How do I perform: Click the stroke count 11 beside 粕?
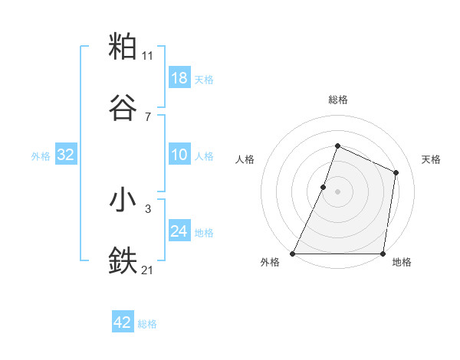click(x=148, y=55)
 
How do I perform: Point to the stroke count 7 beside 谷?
click(x=148, y=116)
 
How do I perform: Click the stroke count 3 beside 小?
click(x=148, y=208)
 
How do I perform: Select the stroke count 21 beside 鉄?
click(x=148, y=270)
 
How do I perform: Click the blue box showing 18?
click(x=179, y=78)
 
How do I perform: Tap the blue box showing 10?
click(x=179, y=155)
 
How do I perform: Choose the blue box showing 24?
click(x=179, y=231)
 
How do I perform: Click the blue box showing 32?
click(x=66, y=155)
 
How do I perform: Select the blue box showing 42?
click(x=123, y=322)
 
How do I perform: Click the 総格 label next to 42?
click(x=148, y=324)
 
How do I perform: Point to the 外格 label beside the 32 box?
click(x=41, y=156)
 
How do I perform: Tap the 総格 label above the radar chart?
click(x=337, y=100)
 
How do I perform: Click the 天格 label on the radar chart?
click(x=432, y=159)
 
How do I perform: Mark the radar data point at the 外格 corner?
click(x=293, y=254)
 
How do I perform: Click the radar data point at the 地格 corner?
click(x=383, y=254)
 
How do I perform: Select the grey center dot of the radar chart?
click(x=337, y=191)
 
